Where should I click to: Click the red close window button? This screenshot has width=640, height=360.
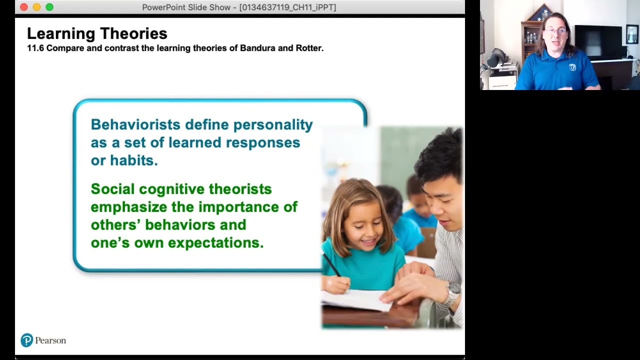pyautogui.click(x=23, y=7)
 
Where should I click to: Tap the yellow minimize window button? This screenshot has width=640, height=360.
pyautogui.click(x=36, y=7)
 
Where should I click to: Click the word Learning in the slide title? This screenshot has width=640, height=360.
pyautogui.click(x=54, y=33)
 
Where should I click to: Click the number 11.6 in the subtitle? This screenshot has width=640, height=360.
pyautogui.click(x=35, y=48)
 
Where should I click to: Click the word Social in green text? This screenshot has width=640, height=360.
pyautogui.click(x=113, y=189)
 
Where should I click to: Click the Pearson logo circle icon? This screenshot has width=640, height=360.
pyautogui.click(x=26, y=340)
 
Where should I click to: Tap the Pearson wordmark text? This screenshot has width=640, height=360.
pyautogui.click(x=50, y=340)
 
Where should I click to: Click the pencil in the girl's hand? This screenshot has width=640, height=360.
pyautogui.click(x=332, y=265)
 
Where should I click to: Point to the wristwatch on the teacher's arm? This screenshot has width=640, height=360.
pyautogui.click(x=453, y=290)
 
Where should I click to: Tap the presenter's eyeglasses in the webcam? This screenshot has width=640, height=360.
pyautogui.click(x=555, y=31)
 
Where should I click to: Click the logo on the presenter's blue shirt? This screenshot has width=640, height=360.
pyautogui.click(x=572, y=67)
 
